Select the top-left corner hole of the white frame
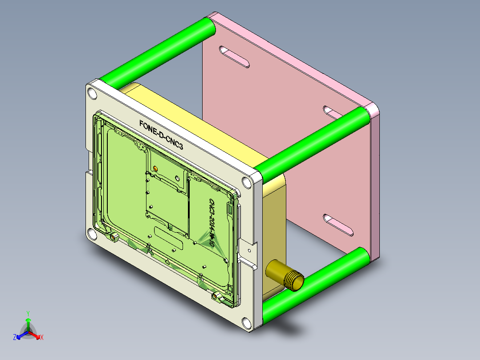click(92, 94)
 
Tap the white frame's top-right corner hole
click(245, 182)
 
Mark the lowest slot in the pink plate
click(338, 224)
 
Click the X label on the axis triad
click(42, 337)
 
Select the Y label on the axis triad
click(28, 313)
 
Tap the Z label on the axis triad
click(15, 337)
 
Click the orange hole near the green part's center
click(155, 168)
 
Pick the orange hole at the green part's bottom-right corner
click(214, 295)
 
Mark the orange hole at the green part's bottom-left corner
click(113, 237)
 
